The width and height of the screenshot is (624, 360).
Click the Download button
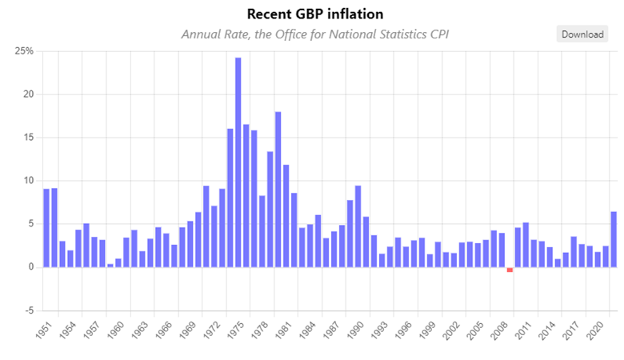[x=581, y=34]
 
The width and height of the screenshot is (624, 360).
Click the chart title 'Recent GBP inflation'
[x=315, y=14]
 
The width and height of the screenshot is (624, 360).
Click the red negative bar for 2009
[x=510, y=270]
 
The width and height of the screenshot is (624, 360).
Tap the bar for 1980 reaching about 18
[x=278, y=189]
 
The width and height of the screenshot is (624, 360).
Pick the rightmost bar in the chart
[x=614, y=239]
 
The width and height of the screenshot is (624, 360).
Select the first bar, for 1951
[x=46, y=227]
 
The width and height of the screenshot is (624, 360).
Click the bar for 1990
[x=358, y=226]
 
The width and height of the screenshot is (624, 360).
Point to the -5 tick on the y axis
[x=27, y=310]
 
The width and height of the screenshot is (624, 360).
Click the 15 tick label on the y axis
[x=27, y=138]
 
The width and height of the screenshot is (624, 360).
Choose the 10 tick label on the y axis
[x=27, y=181]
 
